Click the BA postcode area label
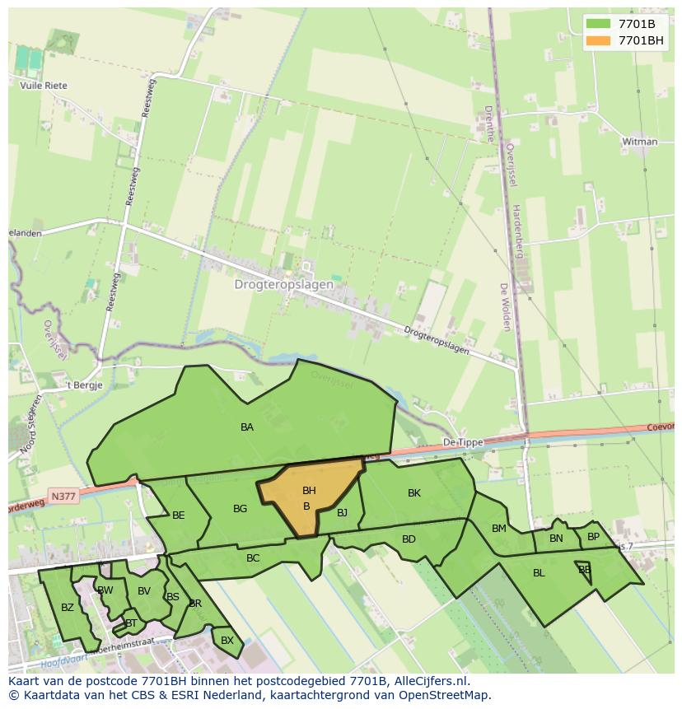click(247, 427)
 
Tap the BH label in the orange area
click(309, 492)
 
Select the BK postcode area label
click(414, 493)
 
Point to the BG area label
click(240, 509)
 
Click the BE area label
click(179, 515)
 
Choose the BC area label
click(253, 558)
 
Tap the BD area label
click(409, 539)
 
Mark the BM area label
click(499, 529)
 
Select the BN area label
click(556, 539)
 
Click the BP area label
click(593, 537)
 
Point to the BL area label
click(539, 573)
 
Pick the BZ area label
click(68, 608)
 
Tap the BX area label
click(227, 640)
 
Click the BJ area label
click(343, 513)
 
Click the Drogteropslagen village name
click(284, 285)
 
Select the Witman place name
click(640, 142)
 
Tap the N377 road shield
click(62, 496)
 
